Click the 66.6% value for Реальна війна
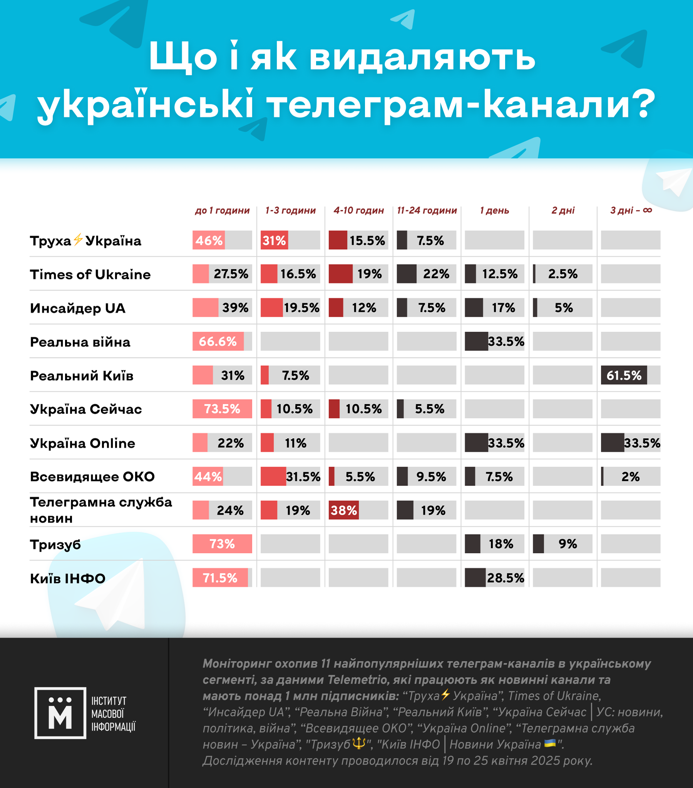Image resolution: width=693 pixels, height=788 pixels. tap(218, 341)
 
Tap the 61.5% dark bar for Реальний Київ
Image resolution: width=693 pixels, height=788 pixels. tap(624, 375)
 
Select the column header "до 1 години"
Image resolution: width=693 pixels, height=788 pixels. tap(222, 211)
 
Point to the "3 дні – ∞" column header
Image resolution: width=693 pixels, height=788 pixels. tap(631, 211)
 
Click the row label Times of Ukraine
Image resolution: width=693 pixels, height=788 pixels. tap(90, 274)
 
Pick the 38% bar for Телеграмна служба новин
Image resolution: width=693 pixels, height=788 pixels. tap(343, 510)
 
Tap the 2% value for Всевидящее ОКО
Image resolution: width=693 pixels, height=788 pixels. tap(630, 477)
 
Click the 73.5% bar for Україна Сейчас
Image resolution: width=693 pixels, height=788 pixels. tap(222, 409)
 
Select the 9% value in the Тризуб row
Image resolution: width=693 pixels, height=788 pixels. tap(567, 544)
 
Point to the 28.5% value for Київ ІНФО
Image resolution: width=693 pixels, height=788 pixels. tap(505, 578)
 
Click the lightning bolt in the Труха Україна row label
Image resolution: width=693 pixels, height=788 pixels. tap(78, 239)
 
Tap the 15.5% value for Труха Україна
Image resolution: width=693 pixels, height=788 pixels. tap(367, 241)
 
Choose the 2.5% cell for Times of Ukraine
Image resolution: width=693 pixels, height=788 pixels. tap(562, 274)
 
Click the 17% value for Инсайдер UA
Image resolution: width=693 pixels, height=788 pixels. tap(503, 308)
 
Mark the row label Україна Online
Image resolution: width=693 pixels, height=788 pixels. tap(82, 443)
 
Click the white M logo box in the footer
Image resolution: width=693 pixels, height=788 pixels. tap(60, 713)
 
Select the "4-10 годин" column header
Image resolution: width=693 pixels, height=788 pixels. tap(359, 211)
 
